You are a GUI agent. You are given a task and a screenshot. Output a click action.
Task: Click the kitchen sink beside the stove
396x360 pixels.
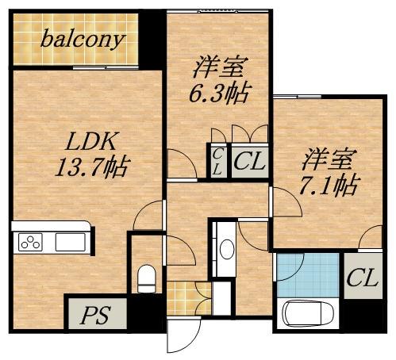tap(71, 243)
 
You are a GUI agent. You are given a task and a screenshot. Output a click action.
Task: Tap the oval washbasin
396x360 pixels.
tap(226, 249)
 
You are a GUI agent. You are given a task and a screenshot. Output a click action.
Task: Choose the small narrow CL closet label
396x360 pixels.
tap(217, 161)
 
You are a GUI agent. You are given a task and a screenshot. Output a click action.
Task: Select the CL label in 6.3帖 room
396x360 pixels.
tap(249, 163)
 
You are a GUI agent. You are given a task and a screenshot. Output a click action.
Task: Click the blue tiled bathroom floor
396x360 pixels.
tap(307, 274)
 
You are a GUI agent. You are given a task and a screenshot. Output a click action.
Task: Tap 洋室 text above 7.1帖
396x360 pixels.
tap(327, 159)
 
